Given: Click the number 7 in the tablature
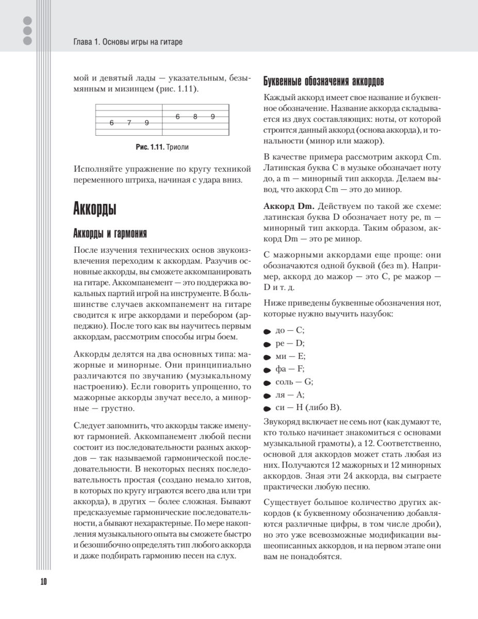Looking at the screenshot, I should click(x=129, y=123).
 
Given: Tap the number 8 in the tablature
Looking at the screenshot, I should click(x=195, y=117).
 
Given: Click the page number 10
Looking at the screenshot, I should click(x=43, y=581).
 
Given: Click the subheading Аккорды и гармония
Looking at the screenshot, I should click(x=110, y=233).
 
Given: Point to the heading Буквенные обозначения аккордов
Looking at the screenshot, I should click(x=323, y=82).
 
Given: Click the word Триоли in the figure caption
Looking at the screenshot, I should click(x=178, y=147).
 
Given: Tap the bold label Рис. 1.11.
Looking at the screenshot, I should click(x=150, y=147).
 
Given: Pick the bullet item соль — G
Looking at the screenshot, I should click(x=295, y=382).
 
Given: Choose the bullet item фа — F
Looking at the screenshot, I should click(x=290, y=369).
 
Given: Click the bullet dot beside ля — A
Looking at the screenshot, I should click(x=267, y=396).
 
